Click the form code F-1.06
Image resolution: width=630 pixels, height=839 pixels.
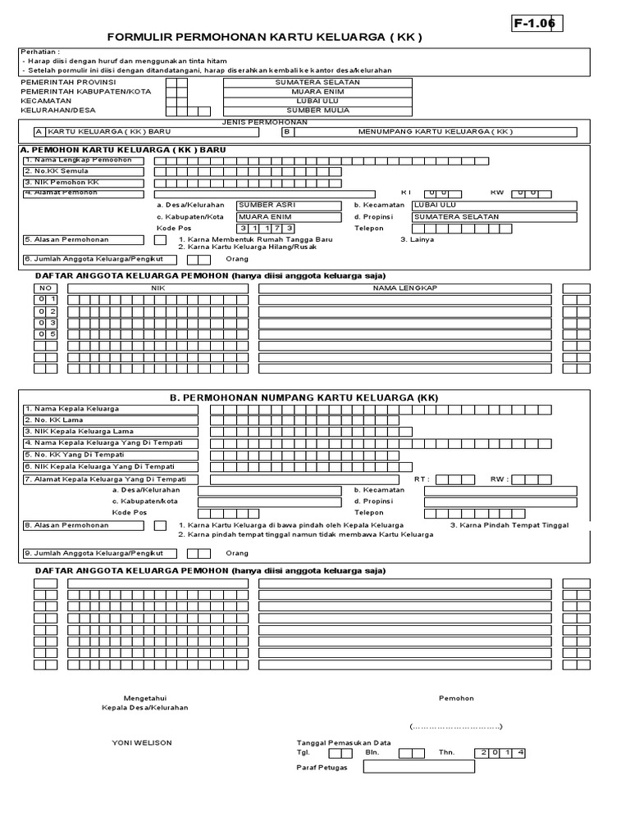[x=534, y=25]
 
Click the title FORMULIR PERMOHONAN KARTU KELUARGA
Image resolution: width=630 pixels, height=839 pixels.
[x=266, y=39]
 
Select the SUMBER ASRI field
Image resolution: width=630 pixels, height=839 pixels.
[x=288, y=206]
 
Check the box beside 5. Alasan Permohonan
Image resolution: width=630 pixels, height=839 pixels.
[x=160, y=240]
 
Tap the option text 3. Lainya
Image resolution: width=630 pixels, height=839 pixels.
[x=417, y=240]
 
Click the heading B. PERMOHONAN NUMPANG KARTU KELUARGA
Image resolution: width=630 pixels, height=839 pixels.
[x=304, y=397]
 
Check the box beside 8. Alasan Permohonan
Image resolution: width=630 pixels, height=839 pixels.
[x=160, y=525]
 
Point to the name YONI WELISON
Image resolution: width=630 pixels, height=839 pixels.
[x=142, y=743]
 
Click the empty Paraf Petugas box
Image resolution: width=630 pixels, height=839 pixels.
[x=418, y=767]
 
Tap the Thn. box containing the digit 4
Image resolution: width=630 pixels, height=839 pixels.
[x=520, y=752]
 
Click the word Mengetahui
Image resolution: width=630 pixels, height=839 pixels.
[x=144, y=698]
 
